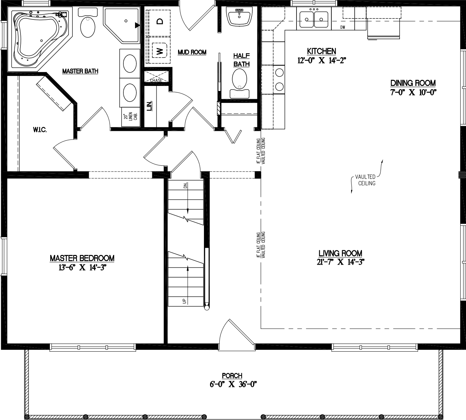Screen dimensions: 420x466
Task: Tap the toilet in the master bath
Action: tap(88, 25)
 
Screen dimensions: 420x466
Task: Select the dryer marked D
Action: tap(159, 21)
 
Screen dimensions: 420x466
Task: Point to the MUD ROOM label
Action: tap(192, 52)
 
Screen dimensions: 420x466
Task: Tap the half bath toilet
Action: tap(239, 81)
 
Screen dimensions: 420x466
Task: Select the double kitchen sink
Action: tap(314, 18)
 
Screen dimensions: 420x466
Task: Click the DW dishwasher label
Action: tap(342, 28)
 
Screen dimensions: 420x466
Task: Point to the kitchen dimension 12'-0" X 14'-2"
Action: tap(321, 60)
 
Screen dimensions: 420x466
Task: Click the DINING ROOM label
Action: tap(413, 83)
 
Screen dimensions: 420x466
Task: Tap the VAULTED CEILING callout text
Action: tap(365, 180)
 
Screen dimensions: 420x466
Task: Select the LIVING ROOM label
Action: tap(340, 254)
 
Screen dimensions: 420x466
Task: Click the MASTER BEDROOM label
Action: tap(82, 258)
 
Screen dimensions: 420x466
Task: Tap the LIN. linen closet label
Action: tap(150, 105)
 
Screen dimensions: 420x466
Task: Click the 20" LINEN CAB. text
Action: tap(131, 117)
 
